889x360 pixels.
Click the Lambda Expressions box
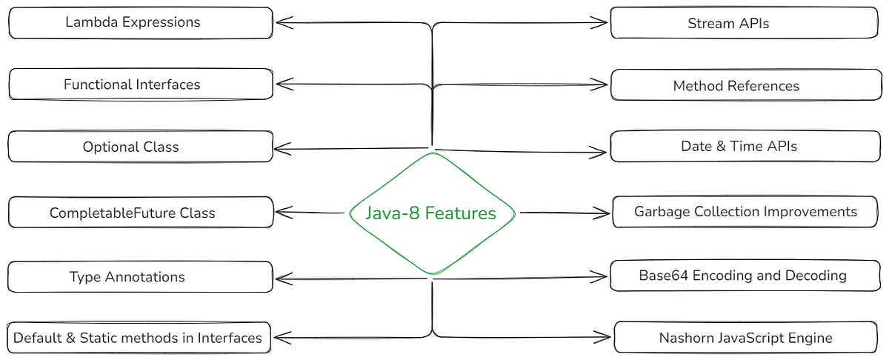(x=140, y=23)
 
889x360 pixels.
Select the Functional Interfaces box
(x=140, y=84)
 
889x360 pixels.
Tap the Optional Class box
(x=140, y=147)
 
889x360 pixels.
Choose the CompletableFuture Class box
(x=140, y=213)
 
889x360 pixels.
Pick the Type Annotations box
(x=140, y=277)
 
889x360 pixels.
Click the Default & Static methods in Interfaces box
(x=138, y=338)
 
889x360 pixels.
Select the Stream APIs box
(x=746, y=23)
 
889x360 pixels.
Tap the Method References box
(x=746, y=86)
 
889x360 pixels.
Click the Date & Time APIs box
(x=746, y=147)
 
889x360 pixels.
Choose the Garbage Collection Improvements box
(x=746, y=212)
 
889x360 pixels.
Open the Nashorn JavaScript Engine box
(x=746, y=338)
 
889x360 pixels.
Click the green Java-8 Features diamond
(x=431, y=213)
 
